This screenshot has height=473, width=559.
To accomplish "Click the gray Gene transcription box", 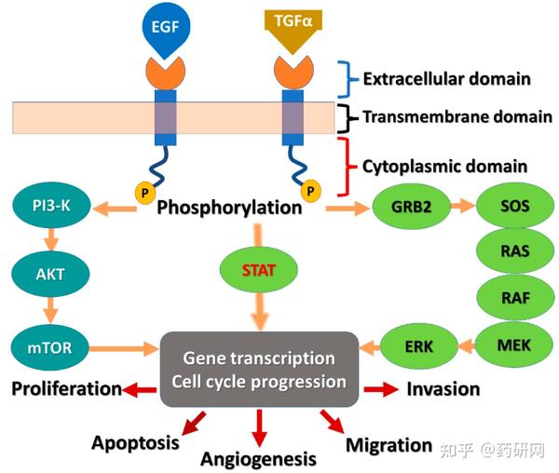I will (x=259, y=369).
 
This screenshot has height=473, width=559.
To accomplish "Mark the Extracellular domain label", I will (x=446, y=78).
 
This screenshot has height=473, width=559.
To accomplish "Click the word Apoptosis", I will (x=134, y=442).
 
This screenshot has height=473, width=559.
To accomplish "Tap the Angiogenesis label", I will (x=258, y=459).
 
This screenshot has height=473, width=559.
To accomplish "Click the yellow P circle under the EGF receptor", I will (x=143, y=193).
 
